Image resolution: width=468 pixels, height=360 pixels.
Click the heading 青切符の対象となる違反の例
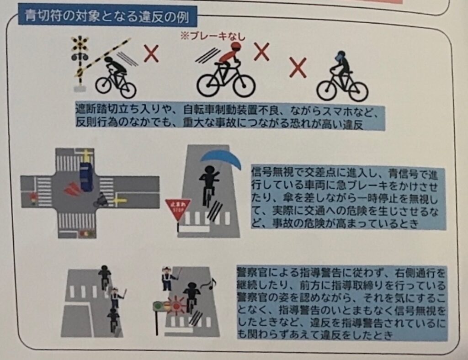pos(106,16)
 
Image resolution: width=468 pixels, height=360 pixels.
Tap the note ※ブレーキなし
pos(213,37)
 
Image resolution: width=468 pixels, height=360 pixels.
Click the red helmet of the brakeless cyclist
pos(236,46)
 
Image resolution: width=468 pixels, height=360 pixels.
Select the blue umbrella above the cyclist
pos(221,160)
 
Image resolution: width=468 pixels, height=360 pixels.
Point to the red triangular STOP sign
pos(178,208)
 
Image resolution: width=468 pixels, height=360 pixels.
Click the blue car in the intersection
pos(86,176)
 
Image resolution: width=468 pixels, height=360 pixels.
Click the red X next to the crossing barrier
pos(151,54)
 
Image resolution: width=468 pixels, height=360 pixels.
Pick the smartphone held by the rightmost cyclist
pos(340,56)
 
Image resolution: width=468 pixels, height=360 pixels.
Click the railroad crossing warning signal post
pos(80,63)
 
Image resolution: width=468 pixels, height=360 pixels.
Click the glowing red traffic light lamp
pos(176,306)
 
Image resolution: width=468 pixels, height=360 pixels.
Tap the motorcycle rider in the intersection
pos(101,199)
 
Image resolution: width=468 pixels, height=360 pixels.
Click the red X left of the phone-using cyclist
pos(298,68)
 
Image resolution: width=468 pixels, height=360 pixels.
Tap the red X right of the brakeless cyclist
pos(261,51)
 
